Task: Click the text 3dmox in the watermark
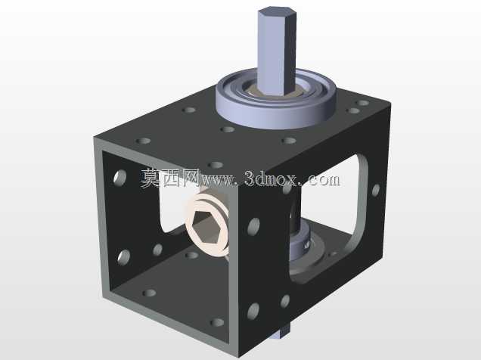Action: (x=271, y=179)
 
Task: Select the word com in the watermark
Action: (x=323, y=180)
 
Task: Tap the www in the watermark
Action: (x=216, y=181)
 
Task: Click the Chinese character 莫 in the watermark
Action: (x=151, y=178)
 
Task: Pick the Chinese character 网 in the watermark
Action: (x=190, y=178)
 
